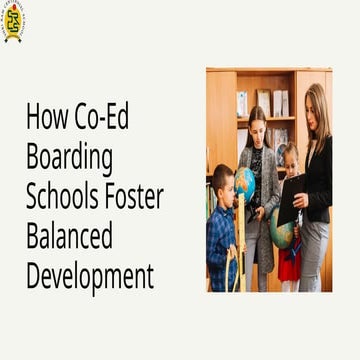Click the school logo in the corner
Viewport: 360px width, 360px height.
pyautogui.click(x=14, y=20)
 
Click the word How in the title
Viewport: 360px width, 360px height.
pyautogui.click(x=46, y=119)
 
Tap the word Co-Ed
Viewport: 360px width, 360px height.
pyautogui.click(x=102, y=119)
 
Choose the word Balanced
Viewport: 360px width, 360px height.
pyautogui.click(x=69, y=237)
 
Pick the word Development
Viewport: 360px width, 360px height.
pyautogui.click(x=90, y=276)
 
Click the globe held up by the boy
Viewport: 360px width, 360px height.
pyautogui.click(x=244, y=184)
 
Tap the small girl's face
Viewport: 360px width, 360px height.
pyautogui.click(x=290, y=160)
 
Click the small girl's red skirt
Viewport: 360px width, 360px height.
pyautogui.click(x=289, y=264)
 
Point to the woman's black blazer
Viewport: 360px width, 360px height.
pyautogui.click(x=319, y=180)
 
